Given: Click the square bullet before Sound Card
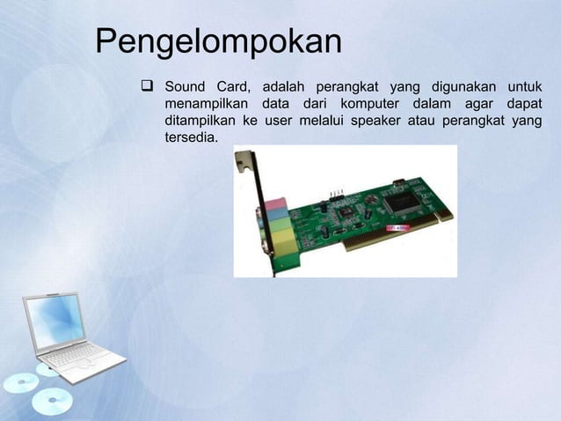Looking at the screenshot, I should coord(147,86).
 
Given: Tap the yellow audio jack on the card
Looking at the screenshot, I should coord(280,250).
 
